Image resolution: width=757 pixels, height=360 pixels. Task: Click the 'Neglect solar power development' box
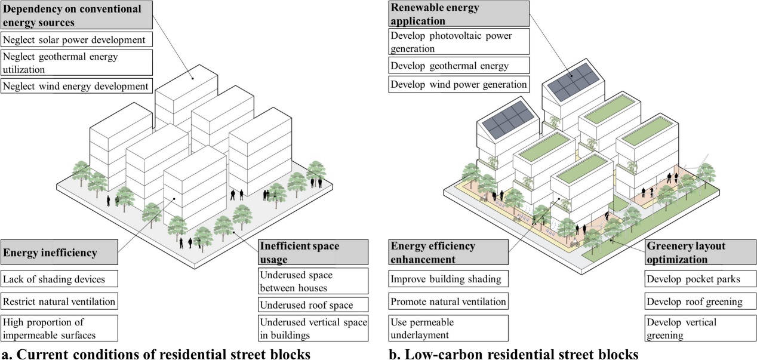tap(76, 40)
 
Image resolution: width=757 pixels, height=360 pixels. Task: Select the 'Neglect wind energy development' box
tap(76, 87)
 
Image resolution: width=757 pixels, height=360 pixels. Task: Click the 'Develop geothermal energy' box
tap(458, 65)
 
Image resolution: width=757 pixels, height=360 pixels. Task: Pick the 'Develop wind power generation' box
tap(458, 84)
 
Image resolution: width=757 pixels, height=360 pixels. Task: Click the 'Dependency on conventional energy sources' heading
tap(76, 16)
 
